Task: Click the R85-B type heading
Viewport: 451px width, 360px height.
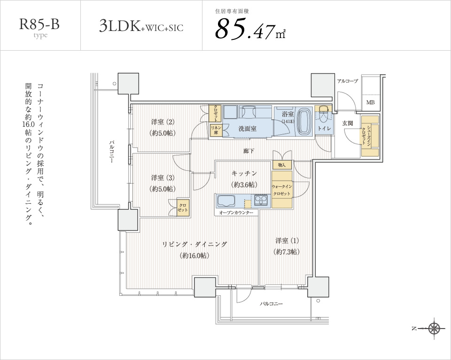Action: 39,27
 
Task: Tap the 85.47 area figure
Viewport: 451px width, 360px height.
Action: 250,29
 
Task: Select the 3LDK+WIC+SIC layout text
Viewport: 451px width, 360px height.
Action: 141,26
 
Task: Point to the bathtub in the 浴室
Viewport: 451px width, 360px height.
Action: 304,121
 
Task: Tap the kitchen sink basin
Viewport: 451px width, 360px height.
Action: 226,200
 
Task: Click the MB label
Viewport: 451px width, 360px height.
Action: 370,102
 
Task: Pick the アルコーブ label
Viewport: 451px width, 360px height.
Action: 348,81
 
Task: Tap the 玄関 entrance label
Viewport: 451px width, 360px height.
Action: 348,123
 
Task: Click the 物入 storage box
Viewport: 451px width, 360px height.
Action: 282,165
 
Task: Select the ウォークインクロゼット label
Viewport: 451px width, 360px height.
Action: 282,190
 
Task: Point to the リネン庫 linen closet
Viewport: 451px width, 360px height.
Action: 216,130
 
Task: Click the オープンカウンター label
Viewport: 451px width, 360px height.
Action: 236,213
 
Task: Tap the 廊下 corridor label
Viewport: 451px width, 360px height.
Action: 249,151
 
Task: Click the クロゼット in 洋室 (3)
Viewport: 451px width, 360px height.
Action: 183,207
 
